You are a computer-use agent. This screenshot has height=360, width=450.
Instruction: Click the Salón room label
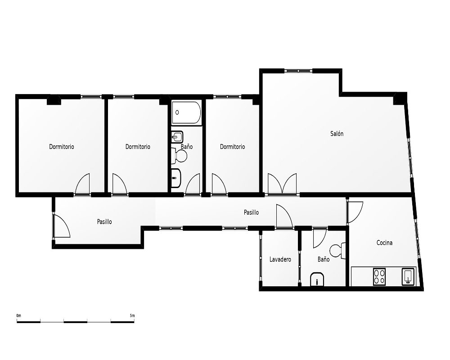click(337, 134)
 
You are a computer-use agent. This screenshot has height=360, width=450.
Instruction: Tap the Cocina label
click(384, 243)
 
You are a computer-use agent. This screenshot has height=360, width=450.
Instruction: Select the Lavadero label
click(280, 259)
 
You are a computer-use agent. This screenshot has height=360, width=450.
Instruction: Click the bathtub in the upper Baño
click(187, 112)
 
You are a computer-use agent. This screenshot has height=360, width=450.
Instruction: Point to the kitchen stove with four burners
click(379, 276)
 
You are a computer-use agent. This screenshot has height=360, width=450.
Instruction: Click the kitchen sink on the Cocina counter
click(408, 276)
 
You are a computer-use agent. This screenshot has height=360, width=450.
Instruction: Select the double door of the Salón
click(282, 184)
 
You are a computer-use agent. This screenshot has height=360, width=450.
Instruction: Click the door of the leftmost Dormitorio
click(82, 184)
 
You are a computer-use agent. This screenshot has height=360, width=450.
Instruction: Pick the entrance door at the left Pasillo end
click(62, 226)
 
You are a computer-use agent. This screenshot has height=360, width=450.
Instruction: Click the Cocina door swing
click(355, 212)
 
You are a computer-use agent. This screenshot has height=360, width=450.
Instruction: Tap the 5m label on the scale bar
click(132, 315)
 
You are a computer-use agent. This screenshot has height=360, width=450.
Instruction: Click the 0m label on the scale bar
click(18, 315)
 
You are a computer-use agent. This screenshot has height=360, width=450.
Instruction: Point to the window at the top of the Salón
click(298, 71)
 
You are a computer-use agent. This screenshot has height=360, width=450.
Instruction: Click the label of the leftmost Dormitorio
click(61, 147)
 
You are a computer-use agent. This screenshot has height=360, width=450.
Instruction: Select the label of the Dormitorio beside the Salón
click(233, 147)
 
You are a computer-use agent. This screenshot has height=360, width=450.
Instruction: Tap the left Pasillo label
click(104, 222)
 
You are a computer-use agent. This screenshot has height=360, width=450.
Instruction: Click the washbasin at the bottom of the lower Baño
click(317, 279)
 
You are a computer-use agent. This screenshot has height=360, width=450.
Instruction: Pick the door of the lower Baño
click(319, 238)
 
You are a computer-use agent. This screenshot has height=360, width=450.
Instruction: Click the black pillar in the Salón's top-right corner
click(399, 99)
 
